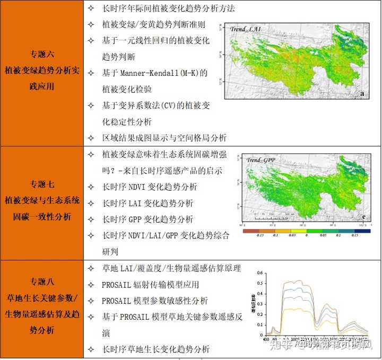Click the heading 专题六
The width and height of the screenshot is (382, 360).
tap(42, 54)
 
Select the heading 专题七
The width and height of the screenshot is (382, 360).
tap(42, 185)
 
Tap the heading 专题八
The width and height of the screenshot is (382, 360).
tap(42, 281)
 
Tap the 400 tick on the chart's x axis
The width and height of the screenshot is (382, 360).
tap(265, 339)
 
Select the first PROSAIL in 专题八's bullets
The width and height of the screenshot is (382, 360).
tap(120, 285)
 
